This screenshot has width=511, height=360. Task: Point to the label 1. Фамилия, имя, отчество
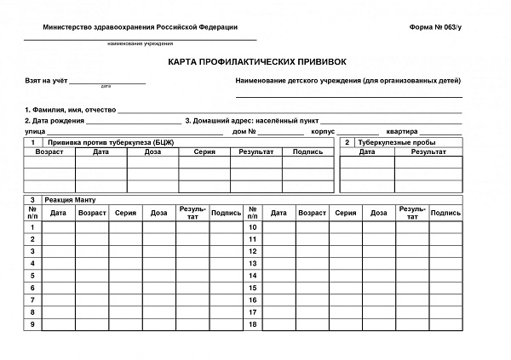[x=71, y=110]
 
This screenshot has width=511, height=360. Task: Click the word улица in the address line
[x=35, y=132]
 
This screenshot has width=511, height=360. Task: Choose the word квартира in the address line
[x=401, y=132]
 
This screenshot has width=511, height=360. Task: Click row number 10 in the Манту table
[x=253, y=227]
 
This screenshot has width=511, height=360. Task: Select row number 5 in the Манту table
[x=32, y=276]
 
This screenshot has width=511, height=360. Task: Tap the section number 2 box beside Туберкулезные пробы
[x=347, y=142]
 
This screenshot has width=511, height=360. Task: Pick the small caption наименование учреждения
[x=141, y=43]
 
